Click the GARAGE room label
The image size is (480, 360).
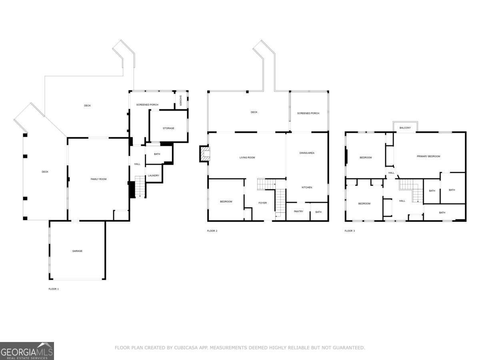(77, 251)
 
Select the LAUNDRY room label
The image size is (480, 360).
(154, 176)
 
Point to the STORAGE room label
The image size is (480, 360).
(168, 128)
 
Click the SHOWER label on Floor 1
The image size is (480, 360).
(180, 100)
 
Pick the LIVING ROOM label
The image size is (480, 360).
(247, 158)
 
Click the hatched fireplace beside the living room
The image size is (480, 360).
(205, 154)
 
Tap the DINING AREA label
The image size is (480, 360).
(307, 153)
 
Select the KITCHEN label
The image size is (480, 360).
(307, 188)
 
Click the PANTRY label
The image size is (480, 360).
(298, 212)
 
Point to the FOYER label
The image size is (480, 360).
(262, 203)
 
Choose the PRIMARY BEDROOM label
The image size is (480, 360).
(428, 156)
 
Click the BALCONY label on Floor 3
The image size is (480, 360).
(405, 128)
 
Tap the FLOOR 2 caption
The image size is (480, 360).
(212, 231)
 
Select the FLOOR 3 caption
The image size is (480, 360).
(350, 231)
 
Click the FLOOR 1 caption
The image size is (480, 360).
(54, 289)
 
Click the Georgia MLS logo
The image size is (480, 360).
(27, 351)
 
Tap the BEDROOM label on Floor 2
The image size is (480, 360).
(226, 202)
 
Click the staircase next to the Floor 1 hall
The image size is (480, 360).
(139, 186)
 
